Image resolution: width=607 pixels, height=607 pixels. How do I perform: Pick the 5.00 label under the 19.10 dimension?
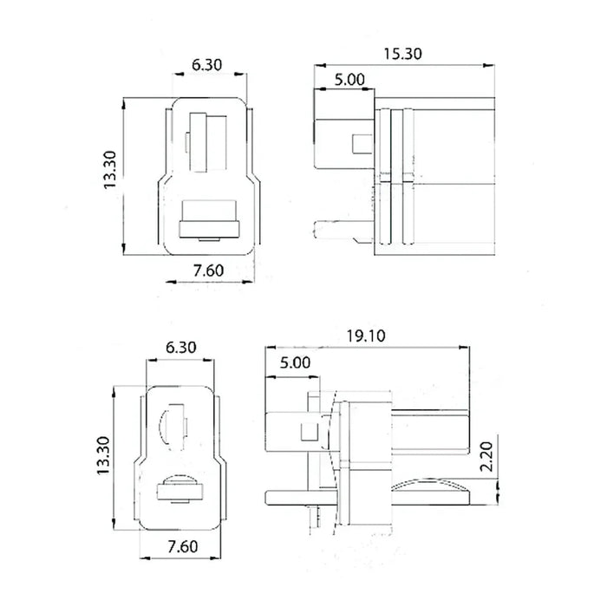coord(296,362)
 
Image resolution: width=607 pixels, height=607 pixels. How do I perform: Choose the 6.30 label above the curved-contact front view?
coord(179,347)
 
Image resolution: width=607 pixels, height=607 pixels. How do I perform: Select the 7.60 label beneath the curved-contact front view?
coord(179,548)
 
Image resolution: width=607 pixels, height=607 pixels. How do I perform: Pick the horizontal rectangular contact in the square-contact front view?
coord(208,218)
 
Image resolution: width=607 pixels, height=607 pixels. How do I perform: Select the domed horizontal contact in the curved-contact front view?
coord(178,491)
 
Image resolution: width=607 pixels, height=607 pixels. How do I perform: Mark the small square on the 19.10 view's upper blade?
coord(308,429)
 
